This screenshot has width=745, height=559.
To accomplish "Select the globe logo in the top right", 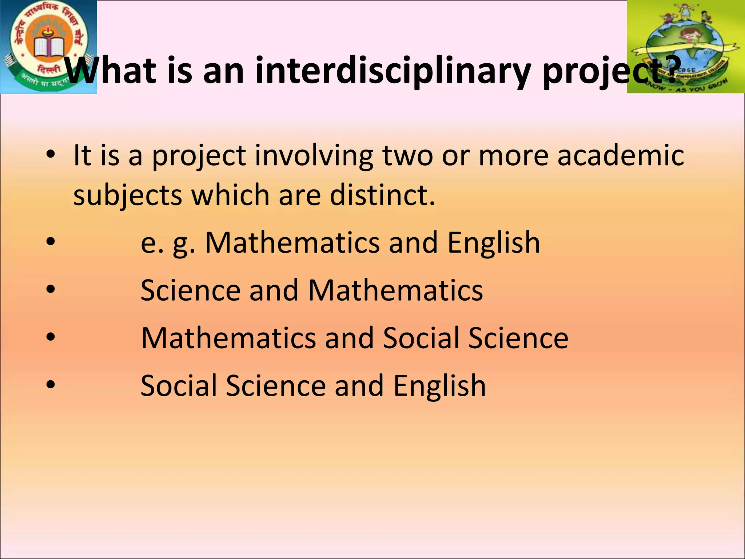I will [x=685, y=47].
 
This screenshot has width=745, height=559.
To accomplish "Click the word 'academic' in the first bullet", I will [x=621, y=155].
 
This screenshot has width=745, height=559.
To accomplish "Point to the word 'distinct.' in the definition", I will [x=382, y=195].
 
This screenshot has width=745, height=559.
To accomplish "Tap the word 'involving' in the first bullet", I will [x=314, y=156].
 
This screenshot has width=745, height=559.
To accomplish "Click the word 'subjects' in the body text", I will [x=128, y=196].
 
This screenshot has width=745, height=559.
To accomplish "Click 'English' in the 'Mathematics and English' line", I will [x=494, y=243].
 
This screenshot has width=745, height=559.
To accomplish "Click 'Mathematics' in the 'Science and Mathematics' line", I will [x=395, y=290].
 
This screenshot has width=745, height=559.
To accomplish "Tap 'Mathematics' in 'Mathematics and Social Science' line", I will [x=228, y=338].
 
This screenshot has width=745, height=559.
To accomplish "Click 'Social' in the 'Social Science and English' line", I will [x=179, y=385].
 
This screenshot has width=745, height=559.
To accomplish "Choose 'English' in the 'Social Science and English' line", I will [x=439, y=385].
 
